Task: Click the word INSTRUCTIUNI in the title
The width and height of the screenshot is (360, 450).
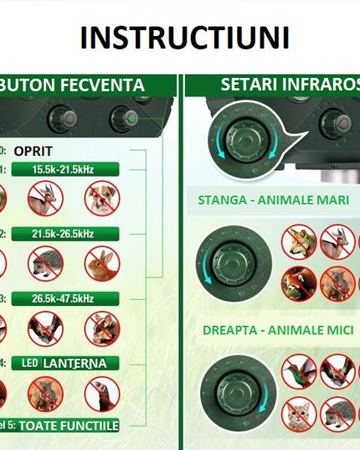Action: coord(185,38)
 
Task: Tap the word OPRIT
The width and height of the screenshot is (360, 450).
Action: coord(33,151)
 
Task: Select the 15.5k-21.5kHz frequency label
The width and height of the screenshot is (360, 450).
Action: coord(64,169)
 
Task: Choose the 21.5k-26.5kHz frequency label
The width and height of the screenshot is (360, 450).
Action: coord(64,233)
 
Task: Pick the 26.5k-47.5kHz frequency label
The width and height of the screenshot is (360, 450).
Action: coord(64,298)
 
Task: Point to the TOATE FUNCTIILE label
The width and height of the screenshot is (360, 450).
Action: coord(69,426)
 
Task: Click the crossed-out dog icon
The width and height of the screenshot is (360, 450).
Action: coord(102,199)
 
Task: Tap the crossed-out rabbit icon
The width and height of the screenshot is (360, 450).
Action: coord(102,262)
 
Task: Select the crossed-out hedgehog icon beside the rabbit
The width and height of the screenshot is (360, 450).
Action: coord(45,262)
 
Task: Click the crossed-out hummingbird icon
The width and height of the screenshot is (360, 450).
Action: coord(298,370)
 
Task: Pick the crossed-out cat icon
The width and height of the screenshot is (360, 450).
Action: coord(298,412)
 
